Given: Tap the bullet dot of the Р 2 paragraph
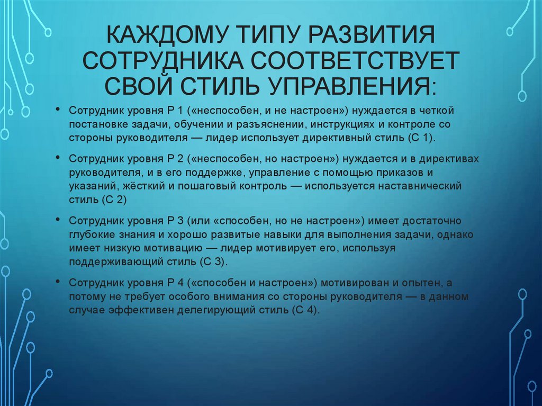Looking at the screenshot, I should [57, 158].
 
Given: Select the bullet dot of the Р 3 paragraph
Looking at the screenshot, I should [57, 219].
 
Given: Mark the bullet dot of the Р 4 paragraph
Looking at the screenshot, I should [57, 282].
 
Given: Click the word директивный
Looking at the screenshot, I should [332, 138].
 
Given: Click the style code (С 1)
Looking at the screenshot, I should [419, 138].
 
